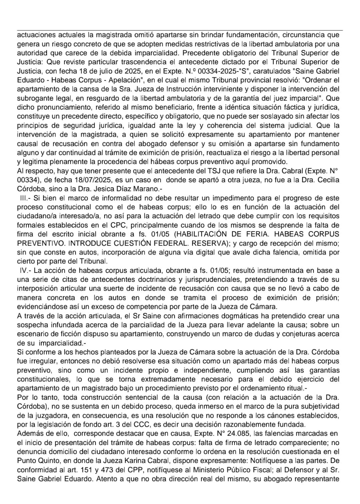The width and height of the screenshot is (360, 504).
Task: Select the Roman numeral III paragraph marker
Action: tap(25, 198)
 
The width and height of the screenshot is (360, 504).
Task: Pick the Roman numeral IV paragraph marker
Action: tap(25, 270)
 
